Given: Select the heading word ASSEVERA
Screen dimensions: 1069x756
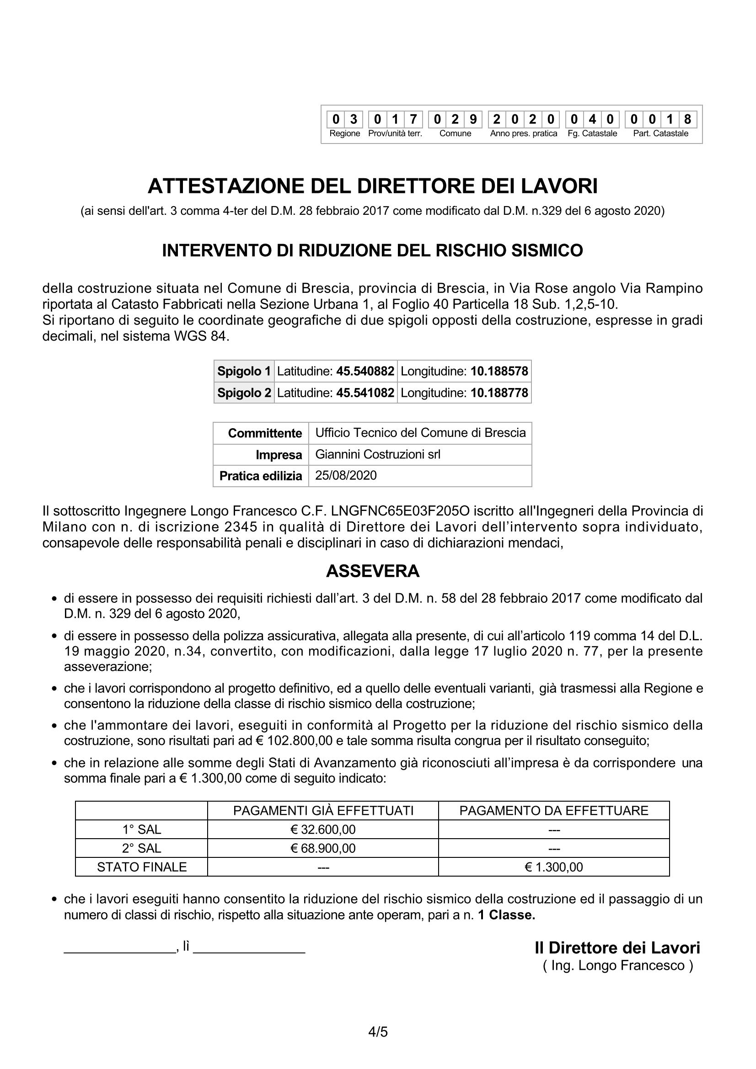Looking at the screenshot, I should (x=373, y=571).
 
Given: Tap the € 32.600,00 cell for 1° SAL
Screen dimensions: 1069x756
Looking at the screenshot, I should (x=323, y=829).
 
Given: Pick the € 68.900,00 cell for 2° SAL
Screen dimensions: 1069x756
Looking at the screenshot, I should (x=323, y=848).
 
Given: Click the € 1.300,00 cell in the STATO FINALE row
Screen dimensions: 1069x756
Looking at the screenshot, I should (x=554, y=867).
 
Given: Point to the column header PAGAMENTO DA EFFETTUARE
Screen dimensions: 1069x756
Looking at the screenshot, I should (x=554, y=811).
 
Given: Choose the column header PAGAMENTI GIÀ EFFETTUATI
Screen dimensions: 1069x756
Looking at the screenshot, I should (x=323, y=811).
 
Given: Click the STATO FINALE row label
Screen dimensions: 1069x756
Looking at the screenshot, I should (x=142, y=867).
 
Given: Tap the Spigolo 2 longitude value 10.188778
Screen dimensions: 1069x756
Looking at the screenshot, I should (x=499, y=393).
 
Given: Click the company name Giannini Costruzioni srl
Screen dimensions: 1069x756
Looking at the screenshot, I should (x=377, y=454).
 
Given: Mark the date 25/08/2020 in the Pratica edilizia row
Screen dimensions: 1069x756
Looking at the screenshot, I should (x=346, y=475).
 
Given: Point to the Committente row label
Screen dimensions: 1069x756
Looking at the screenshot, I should (x=264, y=433).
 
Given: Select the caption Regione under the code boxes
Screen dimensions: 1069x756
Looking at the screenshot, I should (x=345, y=133).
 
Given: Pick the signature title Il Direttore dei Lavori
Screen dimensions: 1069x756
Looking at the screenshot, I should (x=617, y=947).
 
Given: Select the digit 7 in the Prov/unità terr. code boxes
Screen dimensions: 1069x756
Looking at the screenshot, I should (x=413, y=120).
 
